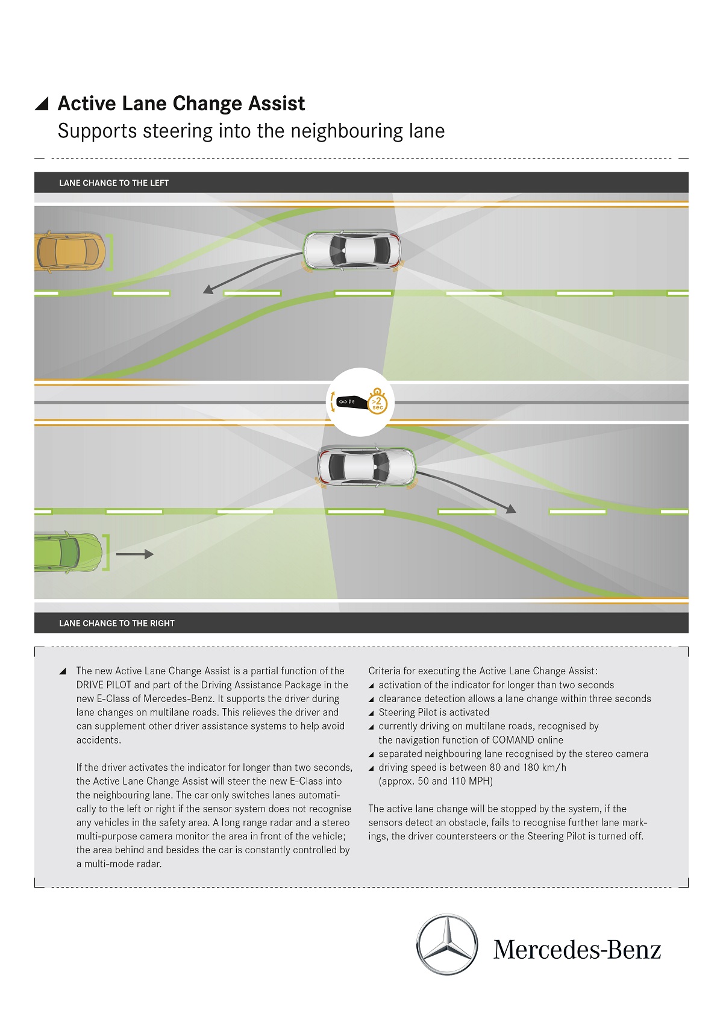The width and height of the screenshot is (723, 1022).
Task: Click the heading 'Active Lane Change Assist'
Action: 181,104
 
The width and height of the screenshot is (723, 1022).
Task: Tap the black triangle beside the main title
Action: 42,104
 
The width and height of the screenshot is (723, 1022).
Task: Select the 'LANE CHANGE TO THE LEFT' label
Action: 114,183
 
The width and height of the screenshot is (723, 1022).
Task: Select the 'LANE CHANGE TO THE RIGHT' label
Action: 117,623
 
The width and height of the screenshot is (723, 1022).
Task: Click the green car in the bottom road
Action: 69,553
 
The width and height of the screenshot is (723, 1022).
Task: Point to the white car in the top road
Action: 352,251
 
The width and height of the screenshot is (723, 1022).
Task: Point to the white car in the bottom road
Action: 366,467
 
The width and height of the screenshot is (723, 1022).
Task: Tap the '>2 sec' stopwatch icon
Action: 377,401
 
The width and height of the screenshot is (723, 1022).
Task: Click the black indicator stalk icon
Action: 352,402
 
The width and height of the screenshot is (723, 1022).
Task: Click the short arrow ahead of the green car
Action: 134,554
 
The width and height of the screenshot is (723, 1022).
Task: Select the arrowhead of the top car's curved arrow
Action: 208,289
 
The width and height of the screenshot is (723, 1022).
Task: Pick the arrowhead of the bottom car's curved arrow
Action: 512,509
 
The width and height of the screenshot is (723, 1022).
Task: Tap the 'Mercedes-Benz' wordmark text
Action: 577,950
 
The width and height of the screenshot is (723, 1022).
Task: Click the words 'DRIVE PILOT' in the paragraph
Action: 104,685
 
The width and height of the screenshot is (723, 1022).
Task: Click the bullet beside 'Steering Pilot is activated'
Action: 371,713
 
